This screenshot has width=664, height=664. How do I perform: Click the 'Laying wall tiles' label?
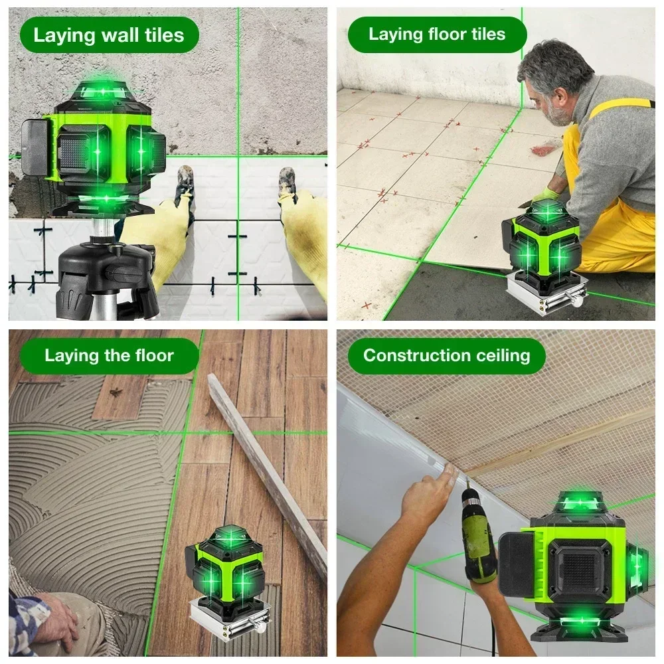pyautogui.click(x=108, y=35)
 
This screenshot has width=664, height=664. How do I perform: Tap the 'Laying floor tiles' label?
pyautogui.click(x=436, y=35)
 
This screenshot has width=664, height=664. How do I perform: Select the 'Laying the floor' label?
pyautogui.click(x=108, y=356)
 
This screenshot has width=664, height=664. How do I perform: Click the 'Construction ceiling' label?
pyautogui.click(x=446, y=355)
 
